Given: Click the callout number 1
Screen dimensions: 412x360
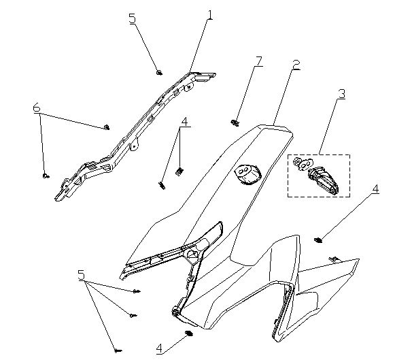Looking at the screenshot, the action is [x=209, y=15].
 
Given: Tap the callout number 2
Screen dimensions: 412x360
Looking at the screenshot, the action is [x=296, y=65].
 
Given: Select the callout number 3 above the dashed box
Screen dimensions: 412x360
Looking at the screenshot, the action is [x=341, y=94].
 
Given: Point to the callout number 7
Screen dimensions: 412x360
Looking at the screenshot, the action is [x=259, y=61].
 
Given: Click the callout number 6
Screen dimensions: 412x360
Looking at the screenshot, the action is [x=37, y=108].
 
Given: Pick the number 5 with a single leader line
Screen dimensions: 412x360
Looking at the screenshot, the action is [x=133, y=18].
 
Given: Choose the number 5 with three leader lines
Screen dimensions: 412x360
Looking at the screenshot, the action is [x=82, y=275].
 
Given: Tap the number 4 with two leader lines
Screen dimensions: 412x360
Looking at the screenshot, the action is [x=184, y=122].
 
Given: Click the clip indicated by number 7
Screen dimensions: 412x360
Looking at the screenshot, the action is [x=235, y=122].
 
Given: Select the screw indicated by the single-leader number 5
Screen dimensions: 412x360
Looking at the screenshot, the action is [x=159, y=73].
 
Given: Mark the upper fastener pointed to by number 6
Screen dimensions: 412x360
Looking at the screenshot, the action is [x=107, y=127].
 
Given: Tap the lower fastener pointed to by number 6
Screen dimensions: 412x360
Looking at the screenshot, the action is [x=46, y=176].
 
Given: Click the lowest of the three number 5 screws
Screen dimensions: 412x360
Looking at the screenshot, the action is [x=118, y=350].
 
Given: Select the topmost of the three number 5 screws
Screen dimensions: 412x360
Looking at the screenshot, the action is [x=137, y=291].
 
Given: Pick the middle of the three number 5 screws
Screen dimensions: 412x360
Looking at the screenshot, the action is [x=133, y=315].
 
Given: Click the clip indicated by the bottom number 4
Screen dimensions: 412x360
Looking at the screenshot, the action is [x=189, y=333].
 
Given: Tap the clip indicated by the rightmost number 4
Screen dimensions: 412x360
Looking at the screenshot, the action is [x=318, y=240].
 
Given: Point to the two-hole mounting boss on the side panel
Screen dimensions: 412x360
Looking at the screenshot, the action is [x=247, y=174].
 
